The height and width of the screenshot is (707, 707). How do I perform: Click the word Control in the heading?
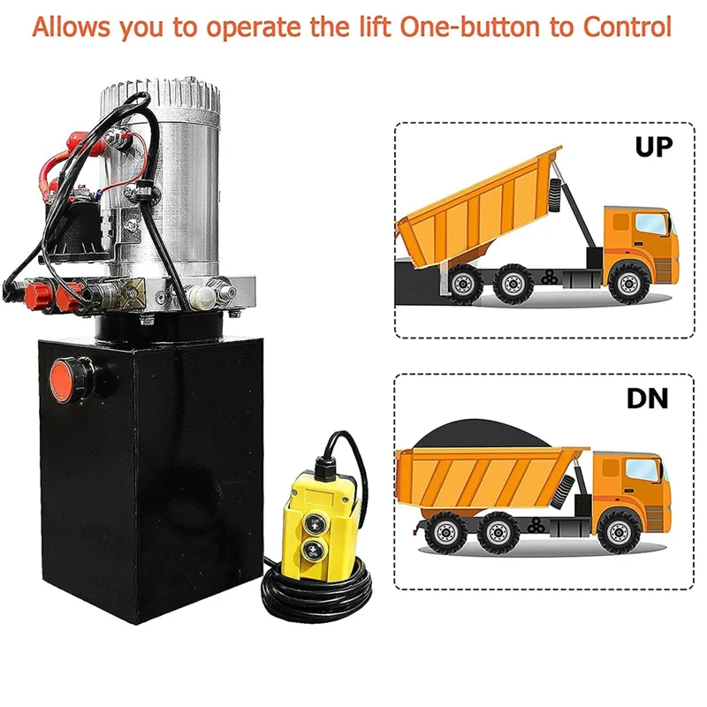click(x=627, y=27)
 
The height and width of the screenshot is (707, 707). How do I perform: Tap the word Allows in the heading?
click(x=71, y=27)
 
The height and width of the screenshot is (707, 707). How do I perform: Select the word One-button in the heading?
click(x=470, y=27)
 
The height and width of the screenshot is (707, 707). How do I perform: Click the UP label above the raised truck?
click(x=653, y=146)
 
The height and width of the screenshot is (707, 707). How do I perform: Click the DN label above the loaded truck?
click(x=648, y=398)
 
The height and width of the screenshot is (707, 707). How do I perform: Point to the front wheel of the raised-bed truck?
click(x=628, y=284)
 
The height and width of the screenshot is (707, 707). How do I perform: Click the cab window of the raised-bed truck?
click(x=651, y=224)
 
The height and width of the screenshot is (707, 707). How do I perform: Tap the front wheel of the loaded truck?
click(x=619, y=533)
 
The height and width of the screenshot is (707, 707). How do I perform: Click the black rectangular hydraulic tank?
click(x=151, y=478)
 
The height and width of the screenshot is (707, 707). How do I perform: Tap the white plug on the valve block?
click(x=201, y=298)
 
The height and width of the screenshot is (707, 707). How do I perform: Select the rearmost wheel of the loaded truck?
click(x=445, y=533)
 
